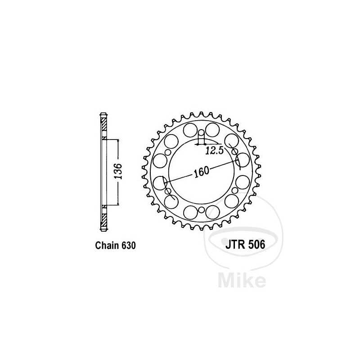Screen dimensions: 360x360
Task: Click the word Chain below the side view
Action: pos(107,246)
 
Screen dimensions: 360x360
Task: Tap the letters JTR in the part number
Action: pos(232,246)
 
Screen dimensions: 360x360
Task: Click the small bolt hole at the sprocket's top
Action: pos(201,132)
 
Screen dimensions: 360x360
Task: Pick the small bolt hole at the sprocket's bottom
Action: pos(201,210)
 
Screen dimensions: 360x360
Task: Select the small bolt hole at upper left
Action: pos(168,152)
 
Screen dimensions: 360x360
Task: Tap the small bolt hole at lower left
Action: pos(168,191)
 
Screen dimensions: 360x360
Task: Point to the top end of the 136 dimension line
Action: pos(118,139)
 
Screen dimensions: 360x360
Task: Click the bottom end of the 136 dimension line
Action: pos(118,205)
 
